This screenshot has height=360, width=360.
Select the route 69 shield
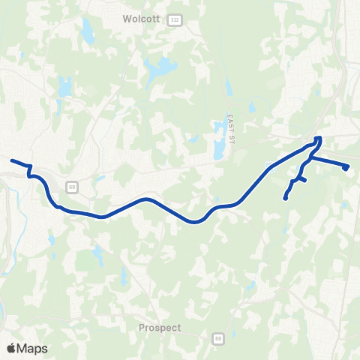[71, 186]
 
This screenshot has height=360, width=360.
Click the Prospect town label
[160, 328]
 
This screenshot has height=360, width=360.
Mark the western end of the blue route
[11, 160]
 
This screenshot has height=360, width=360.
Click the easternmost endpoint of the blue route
[346, 168]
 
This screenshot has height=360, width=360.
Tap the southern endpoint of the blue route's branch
[285, 198]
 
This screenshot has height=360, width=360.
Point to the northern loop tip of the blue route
[319, 138]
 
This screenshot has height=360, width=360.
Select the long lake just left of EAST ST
[217, 142]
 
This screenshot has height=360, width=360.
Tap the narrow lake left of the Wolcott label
[88, 31]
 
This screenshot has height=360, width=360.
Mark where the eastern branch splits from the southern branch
[308, 157]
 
